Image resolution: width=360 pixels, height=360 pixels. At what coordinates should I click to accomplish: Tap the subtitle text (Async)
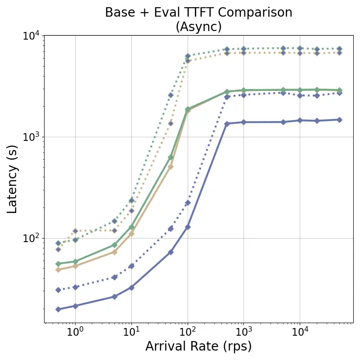(198, 27)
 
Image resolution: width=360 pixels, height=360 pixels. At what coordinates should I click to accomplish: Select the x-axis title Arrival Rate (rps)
(198, 346)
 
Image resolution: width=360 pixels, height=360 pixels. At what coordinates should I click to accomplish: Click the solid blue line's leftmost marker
(58, 309)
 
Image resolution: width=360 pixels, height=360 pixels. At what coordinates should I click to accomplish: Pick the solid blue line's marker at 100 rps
(188, 227)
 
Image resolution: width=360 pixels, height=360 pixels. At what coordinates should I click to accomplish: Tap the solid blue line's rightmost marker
(339, 120)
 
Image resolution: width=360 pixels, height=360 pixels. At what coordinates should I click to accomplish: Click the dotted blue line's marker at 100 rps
(188, 202)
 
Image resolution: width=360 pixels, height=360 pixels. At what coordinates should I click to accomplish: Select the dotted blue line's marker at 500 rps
(227, 97)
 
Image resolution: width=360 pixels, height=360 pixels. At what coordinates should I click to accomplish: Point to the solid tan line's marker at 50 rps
(171, 166)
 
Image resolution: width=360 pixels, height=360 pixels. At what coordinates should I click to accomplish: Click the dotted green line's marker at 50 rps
(171, 95)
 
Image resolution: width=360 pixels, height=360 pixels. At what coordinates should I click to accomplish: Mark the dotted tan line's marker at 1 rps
(75, 231)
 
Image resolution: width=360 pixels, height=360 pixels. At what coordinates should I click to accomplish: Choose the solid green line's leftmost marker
(58, 264)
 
